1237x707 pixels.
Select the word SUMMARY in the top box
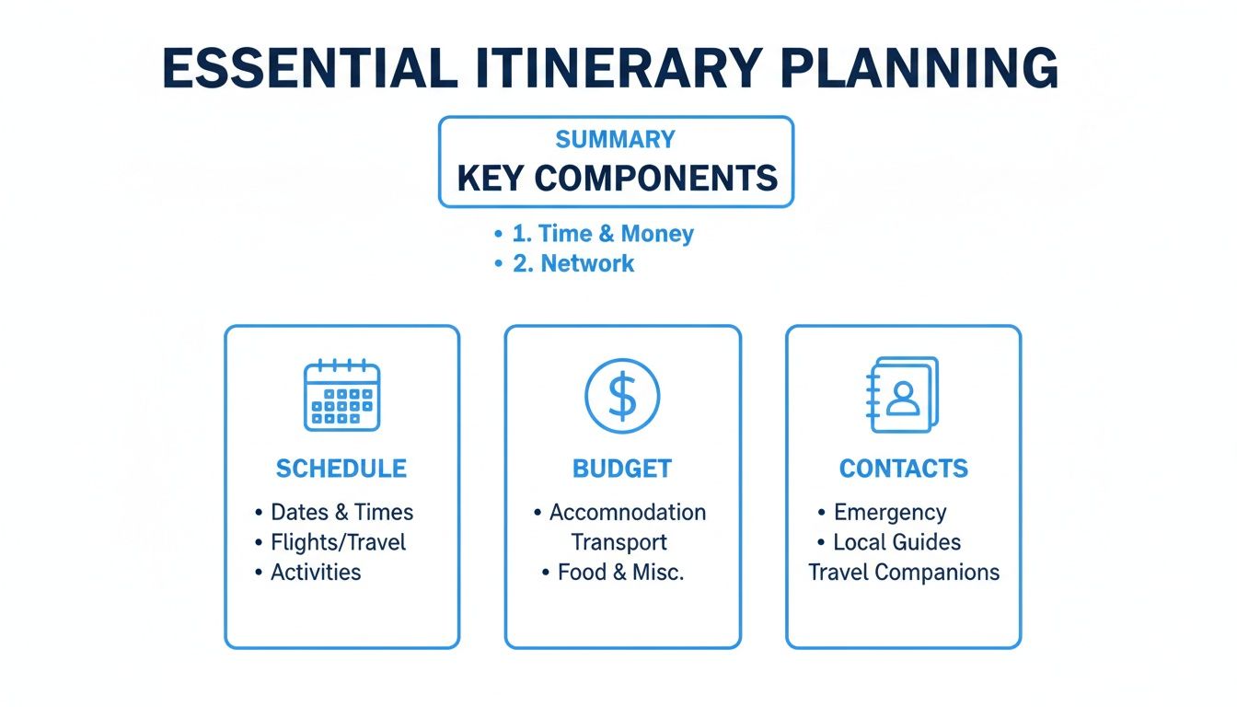[615, 140]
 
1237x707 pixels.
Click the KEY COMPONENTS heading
[617, 177]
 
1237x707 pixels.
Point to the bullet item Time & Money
[603, 234]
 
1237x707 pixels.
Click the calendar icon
[341, 396]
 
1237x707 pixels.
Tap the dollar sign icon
[622, 396]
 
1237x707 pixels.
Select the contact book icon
[903, 396]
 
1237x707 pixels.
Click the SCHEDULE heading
[341, 469]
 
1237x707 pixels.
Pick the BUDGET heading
[622, 469]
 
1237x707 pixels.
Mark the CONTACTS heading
[903, 469]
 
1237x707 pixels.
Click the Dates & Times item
[341, 513]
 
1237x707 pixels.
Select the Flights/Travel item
[338, 542]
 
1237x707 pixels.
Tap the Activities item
[316, 572]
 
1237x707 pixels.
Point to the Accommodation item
[628, 513]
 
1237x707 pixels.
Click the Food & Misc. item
[620, 572]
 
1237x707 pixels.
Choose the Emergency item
[889, 513]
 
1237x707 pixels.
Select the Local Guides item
[896, 542]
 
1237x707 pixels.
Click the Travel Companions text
[904, 572]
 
